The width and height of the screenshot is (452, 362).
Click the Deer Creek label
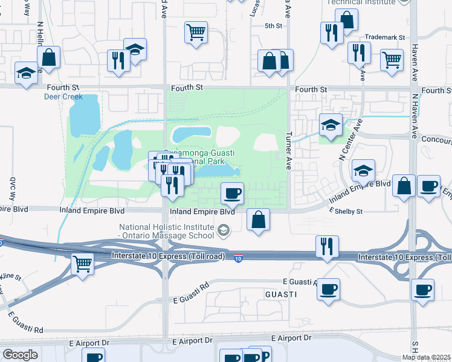pos(63,97)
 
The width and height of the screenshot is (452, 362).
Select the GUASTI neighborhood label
pos(281,294)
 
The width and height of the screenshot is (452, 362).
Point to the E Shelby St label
pos(345,212)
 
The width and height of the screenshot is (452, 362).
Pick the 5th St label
pos(274,26)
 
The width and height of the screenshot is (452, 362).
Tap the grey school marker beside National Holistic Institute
pos(224,230)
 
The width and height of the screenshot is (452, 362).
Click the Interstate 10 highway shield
pos(239,258)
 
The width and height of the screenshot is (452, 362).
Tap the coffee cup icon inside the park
pos(233,193)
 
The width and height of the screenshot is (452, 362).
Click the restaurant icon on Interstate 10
pos(327,246)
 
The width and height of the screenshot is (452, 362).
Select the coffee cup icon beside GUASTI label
pos(328,289)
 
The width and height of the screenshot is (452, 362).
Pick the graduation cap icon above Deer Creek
pos(135,49)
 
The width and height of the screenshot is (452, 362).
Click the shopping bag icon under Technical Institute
pos(347,19)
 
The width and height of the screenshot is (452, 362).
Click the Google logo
pos(21,355)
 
